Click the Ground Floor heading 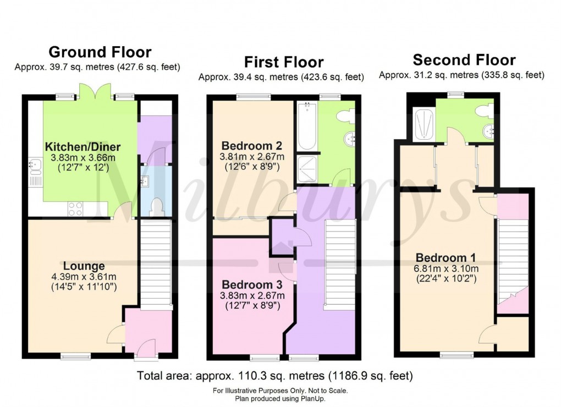coord(100,52)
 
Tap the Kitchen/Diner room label coord(82,147)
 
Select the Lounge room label coord(84,266)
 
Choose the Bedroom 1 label coord(446,258)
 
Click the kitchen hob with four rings coord(75,208)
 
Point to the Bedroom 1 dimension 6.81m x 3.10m coord(446,269)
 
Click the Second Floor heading coord(464,59)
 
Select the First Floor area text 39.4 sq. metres coord(280,78)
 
